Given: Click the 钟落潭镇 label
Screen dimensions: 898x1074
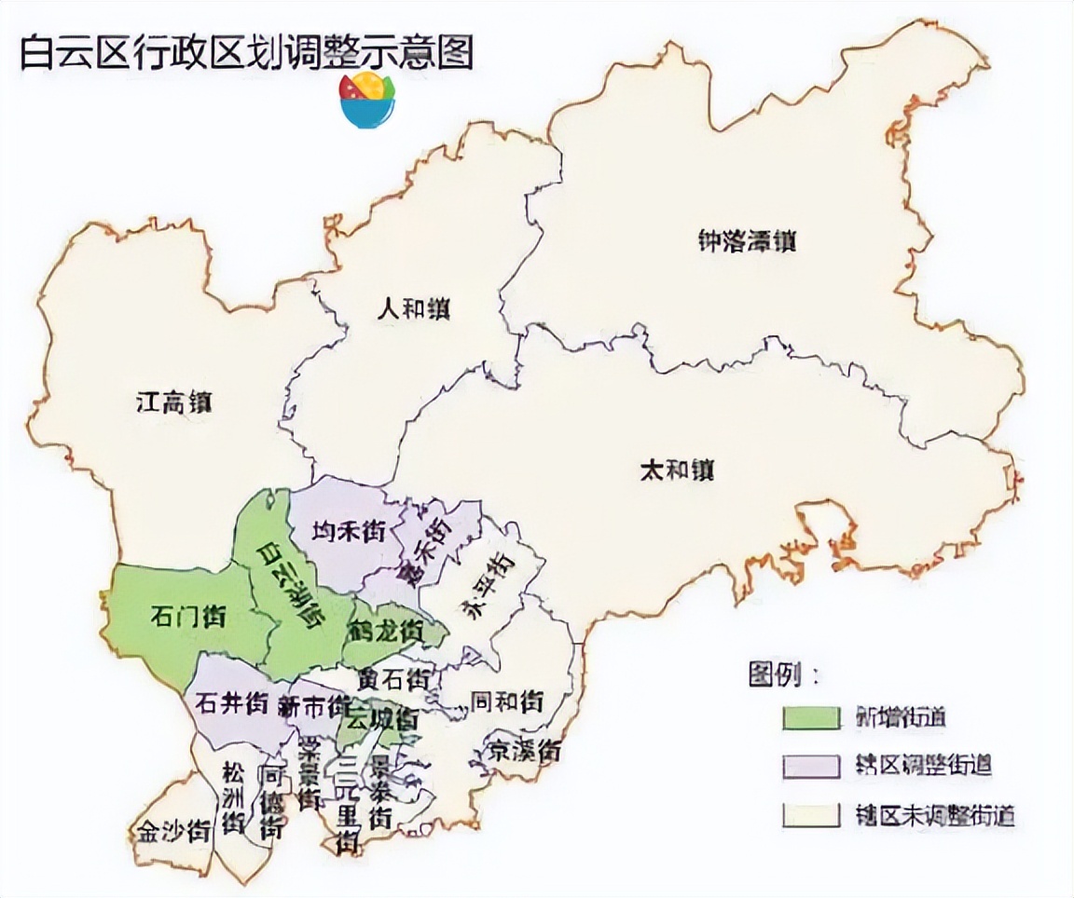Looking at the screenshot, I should coord(746,241).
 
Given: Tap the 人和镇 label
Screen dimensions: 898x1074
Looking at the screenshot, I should coord(413,308).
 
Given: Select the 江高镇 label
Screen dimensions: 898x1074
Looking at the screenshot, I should coord(174,402).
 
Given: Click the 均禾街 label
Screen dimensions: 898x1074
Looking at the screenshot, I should coord(348,532).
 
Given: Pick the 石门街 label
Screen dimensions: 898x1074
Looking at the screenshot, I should coord(187,616).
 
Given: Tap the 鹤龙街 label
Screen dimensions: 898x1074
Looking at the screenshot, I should coord(386,631).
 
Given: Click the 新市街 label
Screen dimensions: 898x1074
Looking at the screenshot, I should coord(314,705).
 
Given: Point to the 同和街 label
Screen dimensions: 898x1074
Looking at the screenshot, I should coord(506,701).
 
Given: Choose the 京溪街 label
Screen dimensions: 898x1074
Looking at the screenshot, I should coord(526,749).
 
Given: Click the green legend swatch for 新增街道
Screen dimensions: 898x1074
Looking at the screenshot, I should coord(810,717).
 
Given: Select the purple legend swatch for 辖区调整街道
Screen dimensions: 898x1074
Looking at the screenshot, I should coord(810,766).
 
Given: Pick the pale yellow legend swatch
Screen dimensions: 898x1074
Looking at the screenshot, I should coord(810,815).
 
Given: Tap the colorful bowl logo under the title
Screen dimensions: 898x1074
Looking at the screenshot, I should coord(367,100).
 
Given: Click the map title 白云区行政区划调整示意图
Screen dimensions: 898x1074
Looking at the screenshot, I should coord(247,53).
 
